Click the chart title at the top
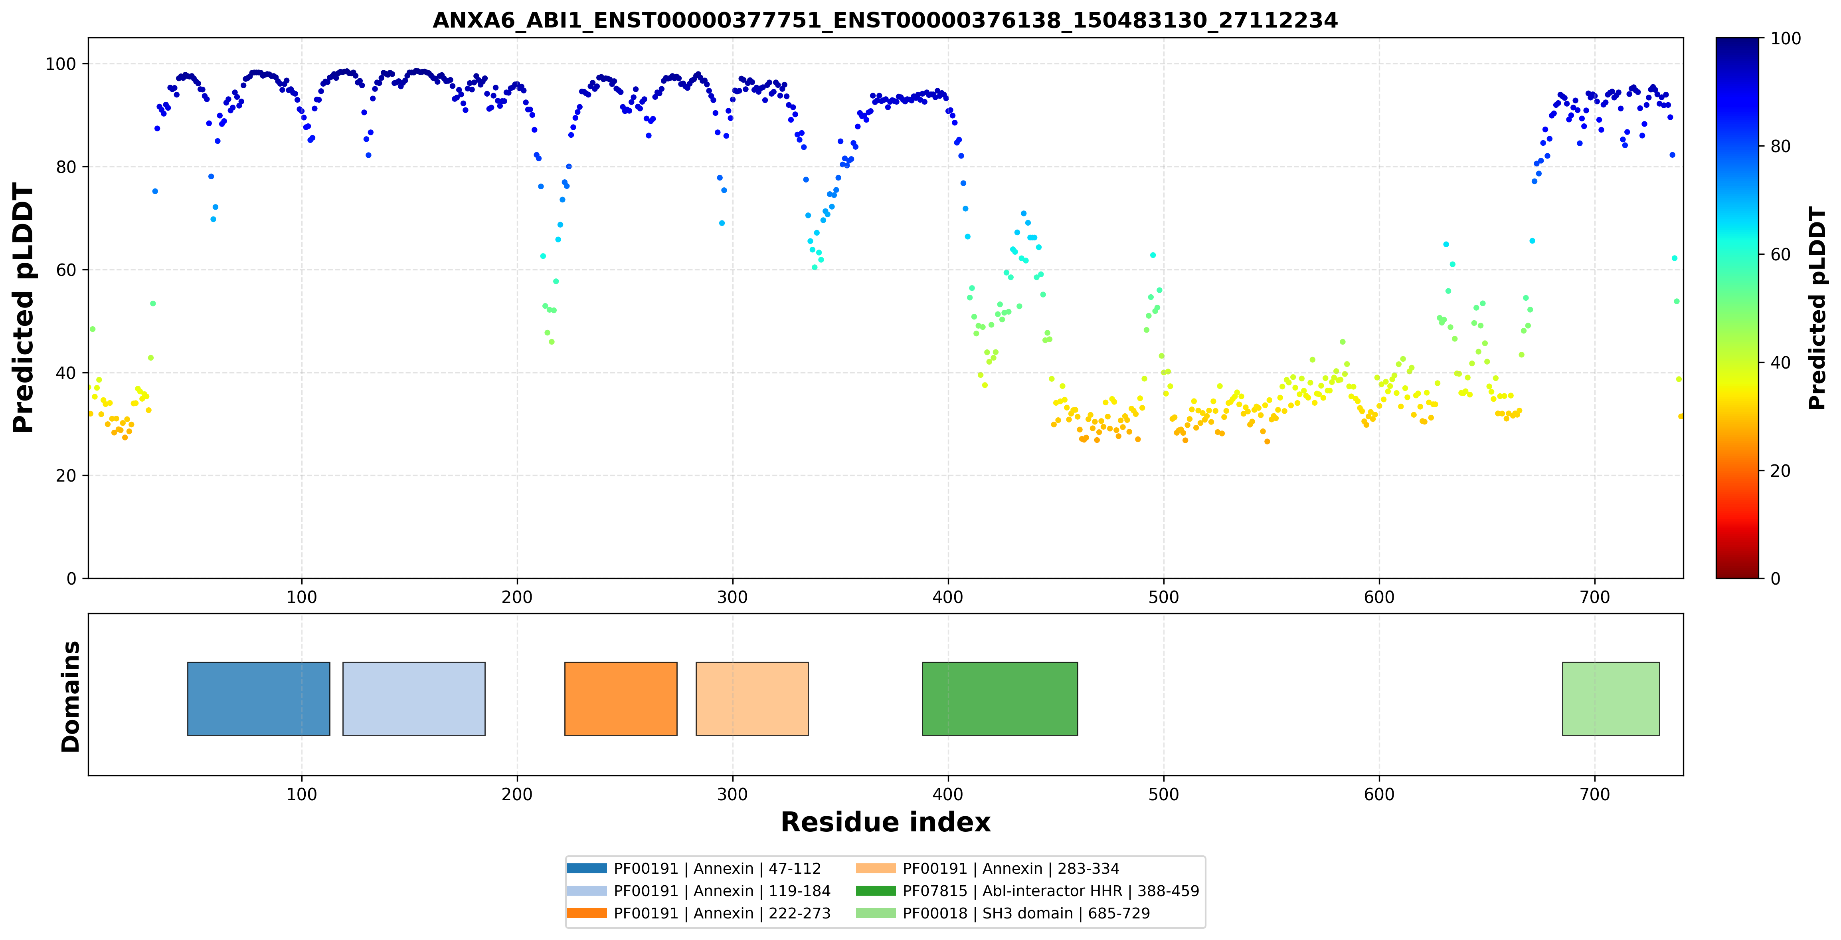click(885, 20)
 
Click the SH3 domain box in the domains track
click(1611, 698)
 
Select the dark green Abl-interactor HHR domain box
click(1000, 698)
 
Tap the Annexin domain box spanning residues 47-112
click(259, 698)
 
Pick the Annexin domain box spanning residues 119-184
click(414, 698)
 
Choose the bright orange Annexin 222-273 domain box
click(620, 698)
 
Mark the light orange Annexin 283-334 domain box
click(752, 698)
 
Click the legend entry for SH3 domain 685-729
click(1003, 913)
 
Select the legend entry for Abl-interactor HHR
click(1027, 890)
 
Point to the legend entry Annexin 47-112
click(694, 869)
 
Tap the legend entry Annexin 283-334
click(987, 869)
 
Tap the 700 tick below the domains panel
click(1594, 794)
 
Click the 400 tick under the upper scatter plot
click(948, 597)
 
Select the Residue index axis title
click(886, 822)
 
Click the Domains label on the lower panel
click(71, 696)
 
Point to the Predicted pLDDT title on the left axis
click(24, 308)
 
